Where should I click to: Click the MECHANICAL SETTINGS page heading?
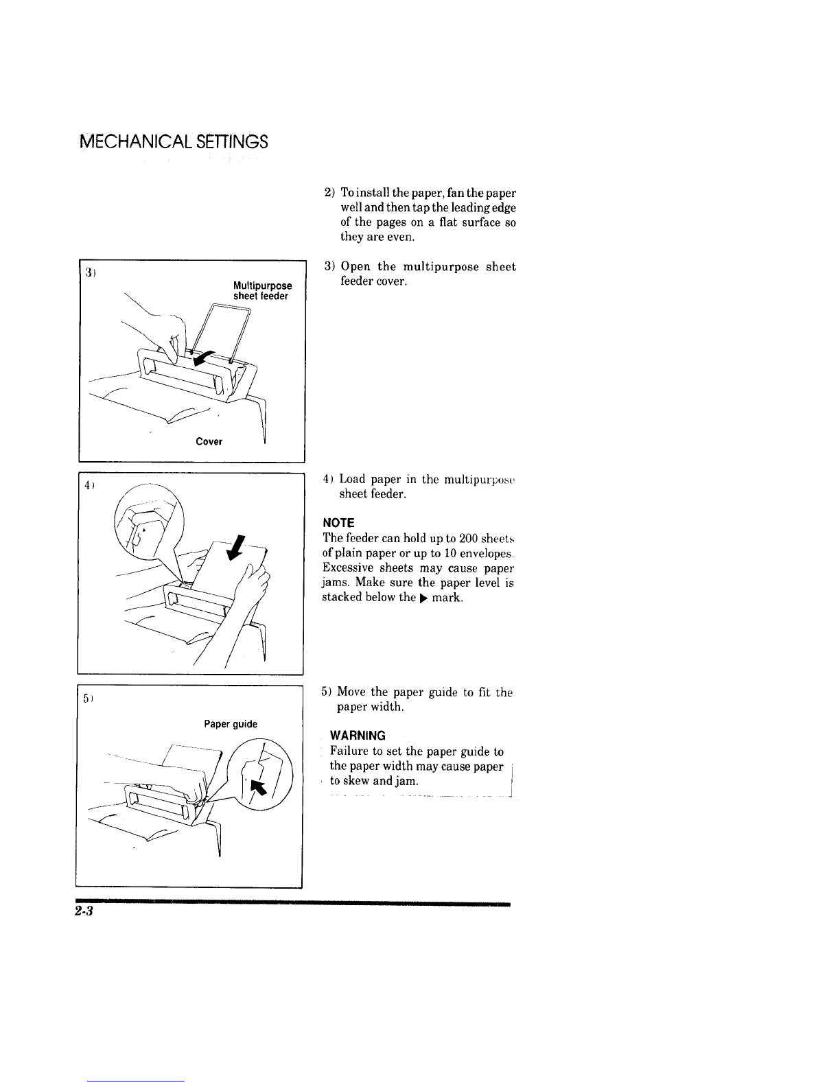coord(174,141)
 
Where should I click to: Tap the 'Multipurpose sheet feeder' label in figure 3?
coord(263,291)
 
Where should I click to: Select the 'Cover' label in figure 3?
coord(209,441)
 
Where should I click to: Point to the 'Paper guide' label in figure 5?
coord(231,724)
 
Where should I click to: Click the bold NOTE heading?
coord(339,523)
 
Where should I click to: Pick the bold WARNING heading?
coord(358,736)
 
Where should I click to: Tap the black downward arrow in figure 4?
coord(235,548)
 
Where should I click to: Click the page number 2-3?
coord(84,911)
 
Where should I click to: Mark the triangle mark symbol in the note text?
coord(423,598)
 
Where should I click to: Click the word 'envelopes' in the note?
coord(487,554)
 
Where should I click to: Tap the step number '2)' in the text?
coord(329,193)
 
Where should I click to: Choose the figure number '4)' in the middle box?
coord(89,484)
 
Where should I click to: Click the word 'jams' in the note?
coord(334,583)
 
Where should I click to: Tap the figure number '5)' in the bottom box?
coord(88,698)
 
